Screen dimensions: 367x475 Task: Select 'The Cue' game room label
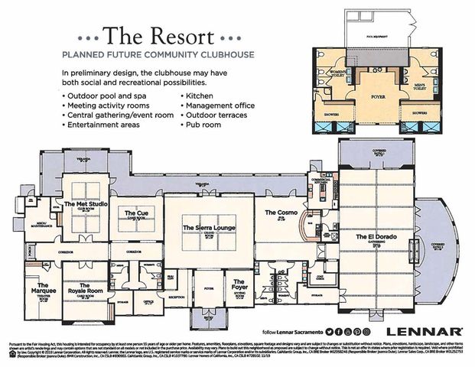pos(136,213)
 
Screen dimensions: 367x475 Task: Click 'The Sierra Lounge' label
pos(209,228)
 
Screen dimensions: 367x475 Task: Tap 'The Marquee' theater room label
pos(41,289)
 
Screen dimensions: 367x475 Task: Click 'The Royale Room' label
pos(86,290)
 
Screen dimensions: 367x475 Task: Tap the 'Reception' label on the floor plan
pos(177,296)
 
